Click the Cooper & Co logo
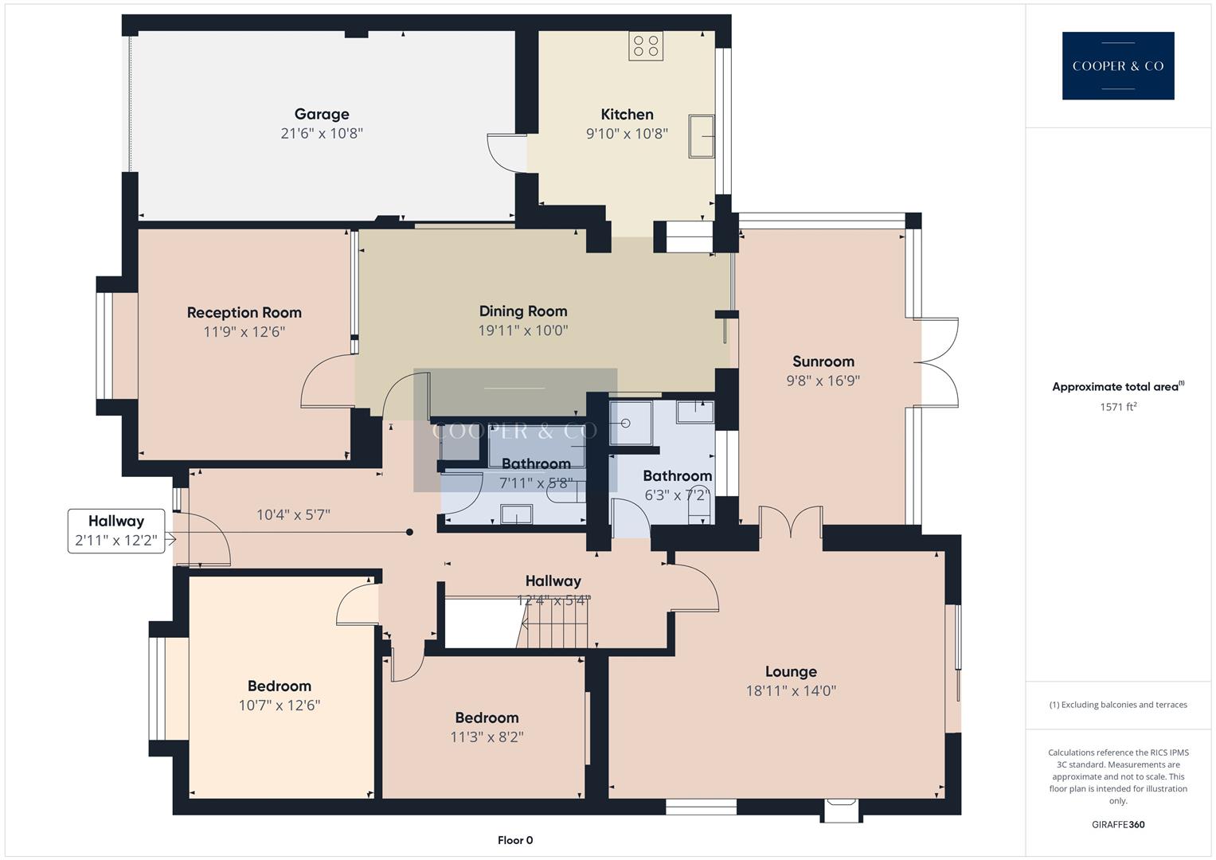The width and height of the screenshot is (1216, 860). [x=1117, y=65]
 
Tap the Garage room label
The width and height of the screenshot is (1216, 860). [x=322, y=114]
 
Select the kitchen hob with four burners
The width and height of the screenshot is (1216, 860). [x=645, y=45]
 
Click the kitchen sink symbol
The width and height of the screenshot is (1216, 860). [x=702, y=136]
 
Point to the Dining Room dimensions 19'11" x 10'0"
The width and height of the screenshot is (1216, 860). [x=523, y=330]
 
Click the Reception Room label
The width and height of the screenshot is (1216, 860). [x=244, y=312]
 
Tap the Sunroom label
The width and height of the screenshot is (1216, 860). [x=823, y=362]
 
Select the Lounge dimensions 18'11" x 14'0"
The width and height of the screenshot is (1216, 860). [x=790, y=691]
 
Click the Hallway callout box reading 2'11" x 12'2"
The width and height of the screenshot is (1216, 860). [x=116, y=531]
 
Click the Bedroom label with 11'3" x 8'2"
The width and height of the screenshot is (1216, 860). [x=487, y=718]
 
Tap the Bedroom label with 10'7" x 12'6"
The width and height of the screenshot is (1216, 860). [x=279, y=686]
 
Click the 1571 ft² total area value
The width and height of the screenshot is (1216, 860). [x=1118, y=407]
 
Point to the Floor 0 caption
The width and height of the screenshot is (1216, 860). [x=515, y=840]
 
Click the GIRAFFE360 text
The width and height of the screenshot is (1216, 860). [x=1118, y=824]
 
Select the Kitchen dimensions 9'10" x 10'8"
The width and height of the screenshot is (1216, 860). [x=627, y=134]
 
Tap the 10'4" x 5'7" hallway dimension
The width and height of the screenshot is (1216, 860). [x=293, y=515]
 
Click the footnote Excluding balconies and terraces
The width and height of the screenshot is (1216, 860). [x=1118, y=705]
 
